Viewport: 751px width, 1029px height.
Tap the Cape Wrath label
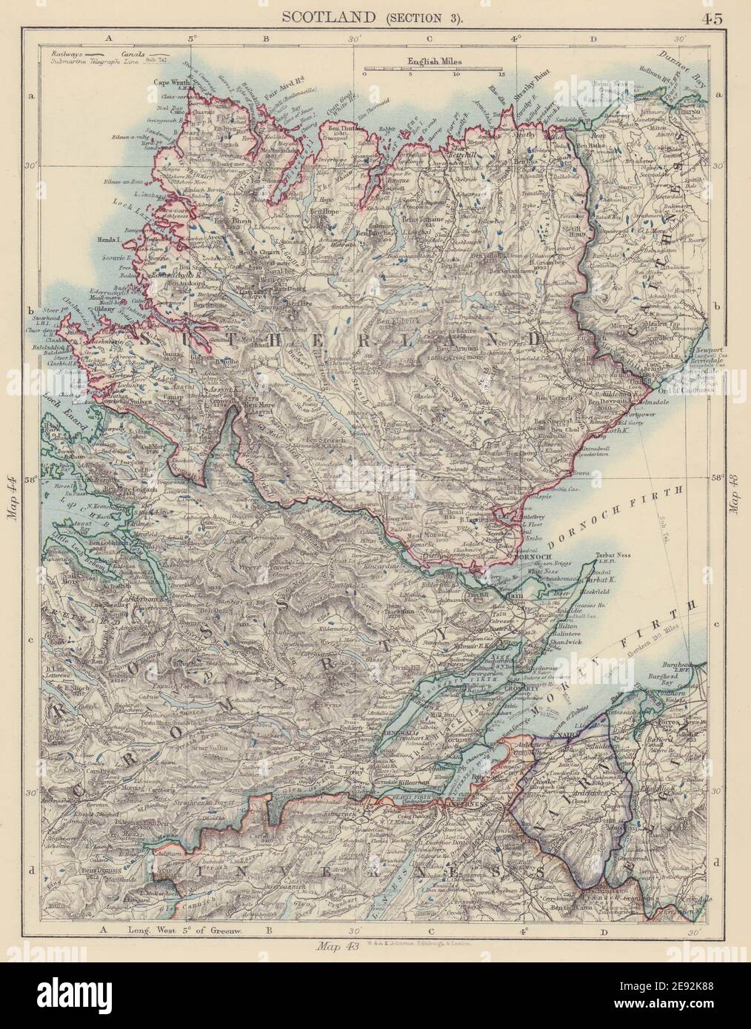tap(173, 82)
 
